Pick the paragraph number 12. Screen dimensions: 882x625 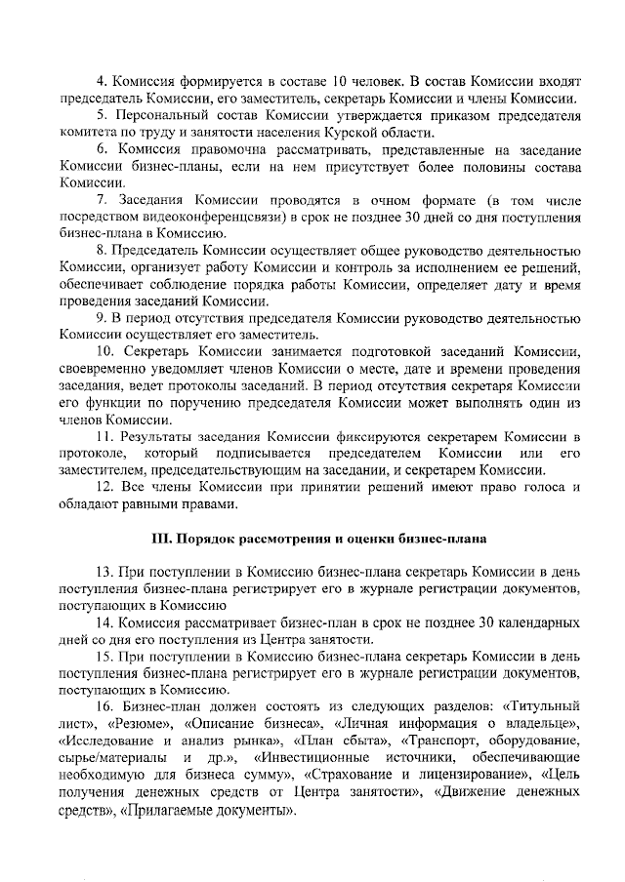pyautogui.click(x=109, y=485)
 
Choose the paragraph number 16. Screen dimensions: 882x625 pyautogui.click(x=108, y=704)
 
